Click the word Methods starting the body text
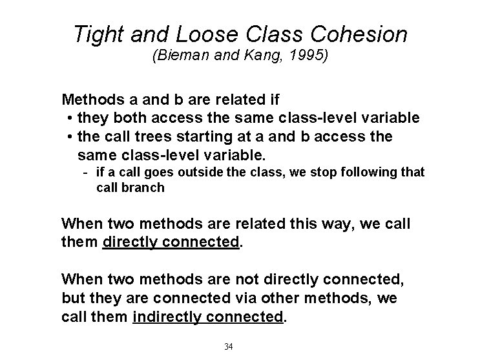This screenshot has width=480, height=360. (90, 100)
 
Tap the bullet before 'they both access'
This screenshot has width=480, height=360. (69, 119)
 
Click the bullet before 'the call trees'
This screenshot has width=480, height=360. (69, 138)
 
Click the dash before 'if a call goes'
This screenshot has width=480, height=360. (87, 172)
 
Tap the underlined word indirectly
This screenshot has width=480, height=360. (169, 318)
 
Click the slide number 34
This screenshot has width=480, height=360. (228, 346)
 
